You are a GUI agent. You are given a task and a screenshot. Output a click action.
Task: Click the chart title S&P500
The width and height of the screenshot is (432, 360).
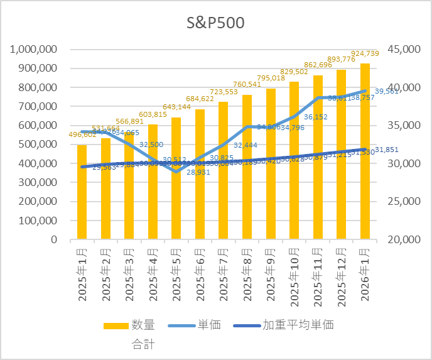(x=215, y=23)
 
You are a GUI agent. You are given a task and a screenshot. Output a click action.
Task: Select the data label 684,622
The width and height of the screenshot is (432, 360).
(x=200, y=99)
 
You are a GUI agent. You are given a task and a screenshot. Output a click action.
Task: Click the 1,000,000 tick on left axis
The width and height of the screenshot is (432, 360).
(x=35, y=49)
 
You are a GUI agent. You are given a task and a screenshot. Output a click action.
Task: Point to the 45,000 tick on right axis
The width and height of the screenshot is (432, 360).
(x=404, y=49)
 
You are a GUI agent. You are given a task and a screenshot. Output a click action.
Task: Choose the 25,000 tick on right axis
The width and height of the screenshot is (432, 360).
(x=404, y=202)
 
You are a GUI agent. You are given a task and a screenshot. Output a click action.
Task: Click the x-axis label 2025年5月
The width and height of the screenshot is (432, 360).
(x=178, y=277)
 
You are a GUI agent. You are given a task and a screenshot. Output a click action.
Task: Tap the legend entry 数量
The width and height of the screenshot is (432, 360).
(x=143, y=325)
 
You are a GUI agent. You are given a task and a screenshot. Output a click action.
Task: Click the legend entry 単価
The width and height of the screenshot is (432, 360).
(x=208, y=325)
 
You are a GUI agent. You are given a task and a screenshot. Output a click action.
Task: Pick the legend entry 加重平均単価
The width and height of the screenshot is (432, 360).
(x=298, y=325)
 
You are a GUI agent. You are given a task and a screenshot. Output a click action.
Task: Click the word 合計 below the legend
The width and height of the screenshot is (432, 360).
(x=143, y=344)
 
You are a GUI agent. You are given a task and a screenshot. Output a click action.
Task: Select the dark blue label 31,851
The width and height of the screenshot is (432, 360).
(x=396, y=149)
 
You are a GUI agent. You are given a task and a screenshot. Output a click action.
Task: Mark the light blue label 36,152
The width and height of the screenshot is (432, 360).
(x=316, y=117)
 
